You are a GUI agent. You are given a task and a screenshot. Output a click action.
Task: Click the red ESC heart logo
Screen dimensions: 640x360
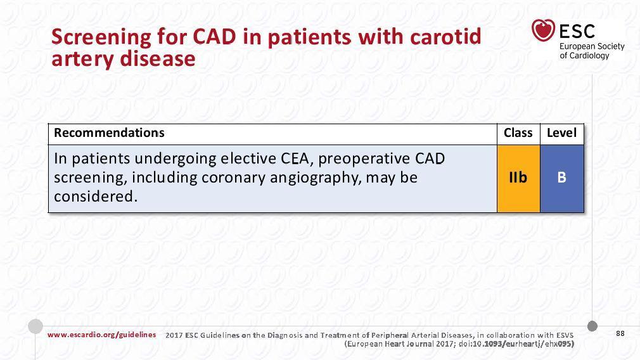pyautogui.click(x=543, y=30)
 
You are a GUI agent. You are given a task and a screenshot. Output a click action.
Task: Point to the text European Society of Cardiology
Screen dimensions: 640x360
pyautogui.click(x=592, y=51)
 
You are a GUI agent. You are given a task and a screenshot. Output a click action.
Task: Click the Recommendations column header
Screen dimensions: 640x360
pyautogui.click(x=109, y=132)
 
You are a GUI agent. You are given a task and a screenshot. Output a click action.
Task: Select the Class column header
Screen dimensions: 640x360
pyautogui.click(x=518, y=132)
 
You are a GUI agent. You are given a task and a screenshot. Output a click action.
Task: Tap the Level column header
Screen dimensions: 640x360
pyautogui.click(x=561, y=132)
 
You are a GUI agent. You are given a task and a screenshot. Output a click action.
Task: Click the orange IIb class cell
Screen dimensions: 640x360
pyautogui.click(x=518, y=178)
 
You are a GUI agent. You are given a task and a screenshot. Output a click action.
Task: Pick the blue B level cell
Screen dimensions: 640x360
pyautogui.click(x=562, y=178)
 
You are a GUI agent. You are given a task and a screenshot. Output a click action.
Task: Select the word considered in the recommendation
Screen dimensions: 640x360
pyautogui.click(x=94, y=196)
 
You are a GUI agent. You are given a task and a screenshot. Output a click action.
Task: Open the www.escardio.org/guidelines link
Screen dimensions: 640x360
pyautogui.click(x=101, y=335)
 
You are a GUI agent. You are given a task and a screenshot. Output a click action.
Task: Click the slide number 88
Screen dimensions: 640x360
pyautogui.click(x=620, y=333)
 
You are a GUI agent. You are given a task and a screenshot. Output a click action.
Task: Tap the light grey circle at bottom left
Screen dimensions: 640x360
pyautogui.click(x=35, y=326)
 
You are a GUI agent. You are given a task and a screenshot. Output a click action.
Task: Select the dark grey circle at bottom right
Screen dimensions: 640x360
pyautogui.click(x=592, y=326)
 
